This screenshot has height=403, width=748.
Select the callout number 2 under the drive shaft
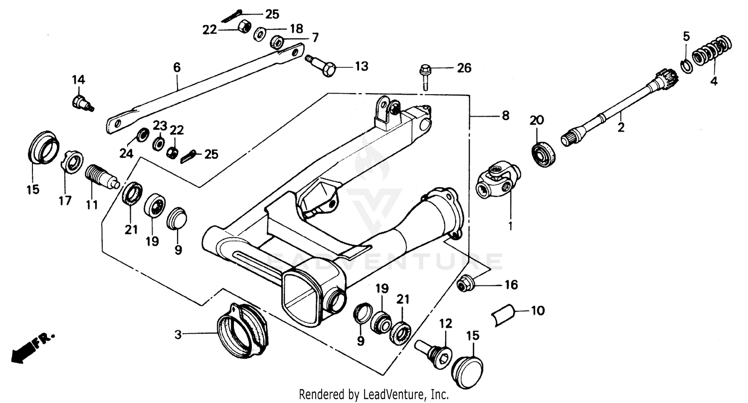click(x=621, y=128)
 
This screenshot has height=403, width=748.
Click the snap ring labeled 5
click(x=686, y=65)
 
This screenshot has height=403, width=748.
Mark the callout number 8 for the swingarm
click(x=505, y=116)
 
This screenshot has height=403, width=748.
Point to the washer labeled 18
click(x=259, y=34)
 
